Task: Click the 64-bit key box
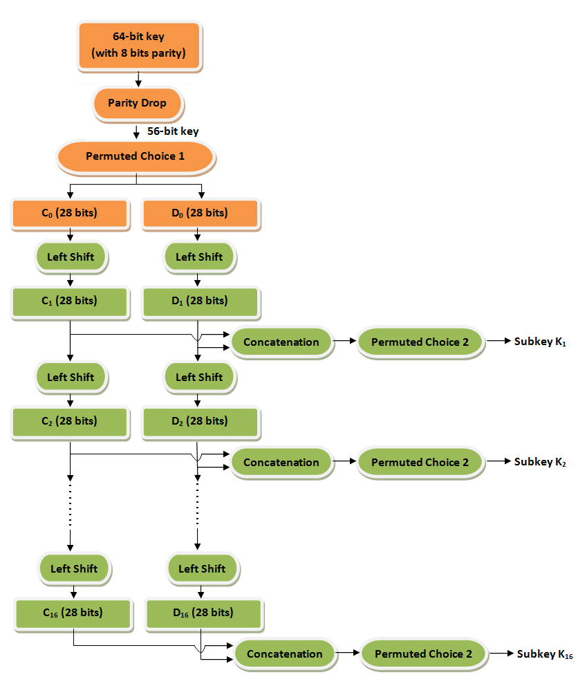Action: (139, 46)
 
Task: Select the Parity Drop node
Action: (137, 103)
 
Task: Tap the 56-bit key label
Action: (173, 130)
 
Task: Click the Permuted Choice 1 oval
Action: (135, 156)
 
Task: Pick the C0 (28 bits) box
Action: (70, 213)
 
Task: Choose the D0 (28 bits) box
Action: (199, 213)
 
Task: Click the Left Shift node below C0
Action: (70, 257)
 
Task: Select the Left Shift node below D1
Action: (199, 377)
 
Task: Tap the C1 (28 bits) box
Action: (70, 301)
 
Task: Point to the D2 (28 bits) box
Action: (199, 421)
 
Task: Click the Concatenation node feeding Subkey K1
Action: (281, 342)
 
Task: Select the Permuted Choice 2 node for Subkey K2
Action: (420, 462)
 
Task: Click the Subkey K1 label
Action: (540, 342)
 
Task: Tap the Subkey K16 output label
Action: (544, 654)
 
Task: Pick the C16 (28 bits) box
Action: (73, 613)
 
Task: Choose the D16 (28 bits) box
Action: (203, 613)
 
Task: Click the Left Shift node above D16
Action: (202, 568)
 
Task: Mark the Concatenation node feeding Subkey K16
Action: (284, 653)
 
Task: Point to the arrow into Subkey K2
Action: (498, 462)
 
